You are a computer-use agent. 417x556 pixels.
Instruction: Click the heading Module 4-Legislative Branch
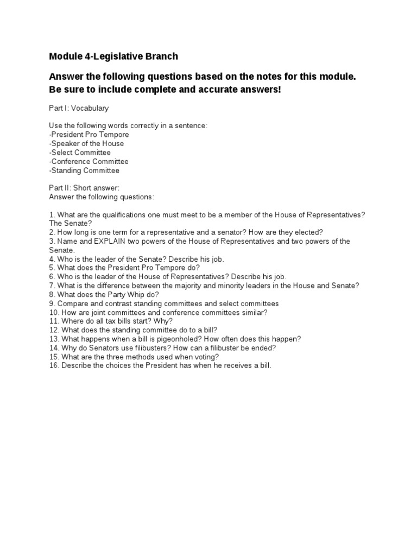113,56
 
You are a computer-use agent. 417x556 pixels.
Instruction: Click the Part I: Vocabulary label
79,108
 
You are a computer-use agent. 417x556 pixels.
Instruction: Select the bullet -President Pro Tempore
89,135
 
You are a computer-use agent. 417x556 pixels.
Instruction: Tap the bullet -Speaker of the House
86,143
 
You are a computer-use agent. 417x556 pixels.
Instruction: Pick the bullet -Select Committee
80,153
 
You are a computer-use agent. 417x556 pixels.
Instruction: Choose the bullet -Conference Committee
89,161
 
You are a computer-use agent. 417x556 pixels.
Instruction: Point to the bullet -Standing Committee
84,170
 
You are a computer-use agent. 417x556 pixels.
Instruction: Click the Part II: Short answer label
80,188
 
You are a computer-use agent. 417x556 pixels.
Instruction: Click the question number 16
54,365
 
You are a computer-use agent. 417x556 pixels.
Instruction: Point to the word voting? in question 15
206,357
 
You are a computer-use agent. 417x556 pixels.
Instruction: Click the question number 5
52,268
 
